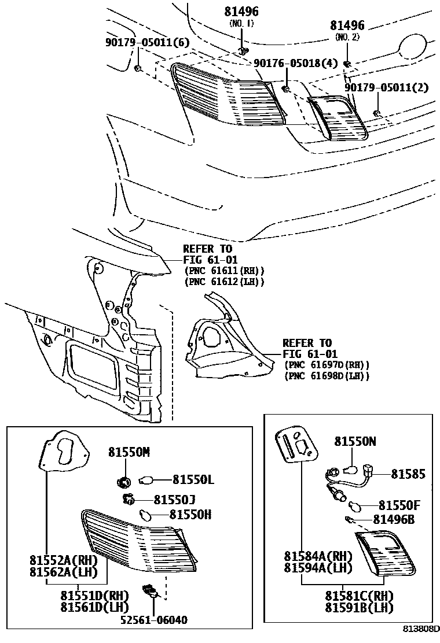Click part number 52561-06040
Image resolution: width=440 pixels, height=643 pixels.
153,620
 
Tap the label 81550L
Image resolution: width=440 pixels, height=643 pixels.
193,479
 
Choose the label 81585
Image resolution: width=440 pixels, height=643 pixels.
408,474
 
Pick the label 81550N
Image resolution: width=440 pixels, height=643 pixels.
355,441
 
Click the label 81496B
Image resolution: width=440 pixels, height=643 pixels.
393,520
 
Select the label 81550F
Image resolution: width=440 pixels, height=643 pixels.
399,505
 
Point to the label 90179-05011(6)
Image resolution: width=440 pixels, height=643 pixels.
139,42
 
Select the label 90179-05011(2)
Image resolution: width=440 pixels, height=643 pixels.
386,87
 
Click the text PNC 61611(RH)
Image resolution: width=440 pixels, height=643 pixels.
224,271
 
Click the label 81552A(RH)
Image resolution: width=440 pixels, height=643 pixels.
64,560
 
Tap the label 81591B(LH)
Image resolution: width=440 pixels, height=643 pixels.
358,608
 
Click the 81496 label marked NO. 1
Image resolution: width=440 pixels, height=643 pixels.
241,12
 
